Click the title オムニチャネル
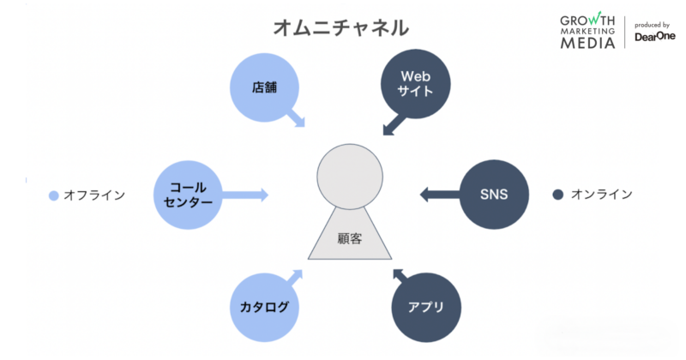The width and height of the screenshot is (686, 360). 341,27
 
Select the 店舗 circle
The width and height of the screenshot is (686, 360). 263,87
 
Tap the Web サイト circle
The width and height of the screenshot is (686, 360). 415,83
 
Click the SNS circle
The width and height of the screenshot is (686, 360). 494,195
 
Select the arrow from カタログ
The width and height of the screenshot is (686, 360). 293,276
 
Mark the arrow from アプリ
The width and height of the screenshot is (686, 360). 401,277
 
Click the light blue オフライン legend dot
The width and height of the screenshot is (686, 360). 54,195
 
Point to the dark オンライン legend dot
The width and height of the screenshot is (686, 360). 557,195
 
